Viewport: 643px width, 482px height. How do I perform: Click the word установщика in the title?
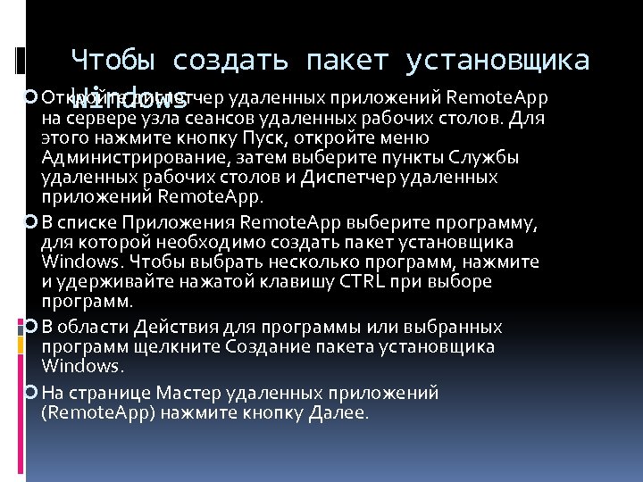pos(497,61)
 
